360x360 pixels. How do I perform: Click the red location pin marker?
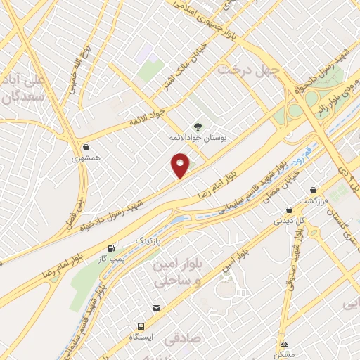coord(181,167)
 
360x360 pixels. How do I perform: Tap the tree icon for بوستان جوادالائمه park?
coord(198,127)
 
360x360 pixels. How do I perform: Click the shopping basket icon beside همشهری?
coord(86,148)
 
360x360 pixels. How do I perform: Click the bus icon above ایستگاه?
coord(141,328)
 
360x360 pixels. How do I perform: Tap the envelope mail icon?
coord(156,307)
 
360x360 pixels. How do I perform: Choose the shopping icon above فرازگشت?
coord(313,190)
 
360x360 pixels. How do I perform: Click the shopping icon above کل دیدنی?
coord(289,210)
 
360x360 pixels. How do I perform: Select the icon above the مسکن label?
coord(284,344)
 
